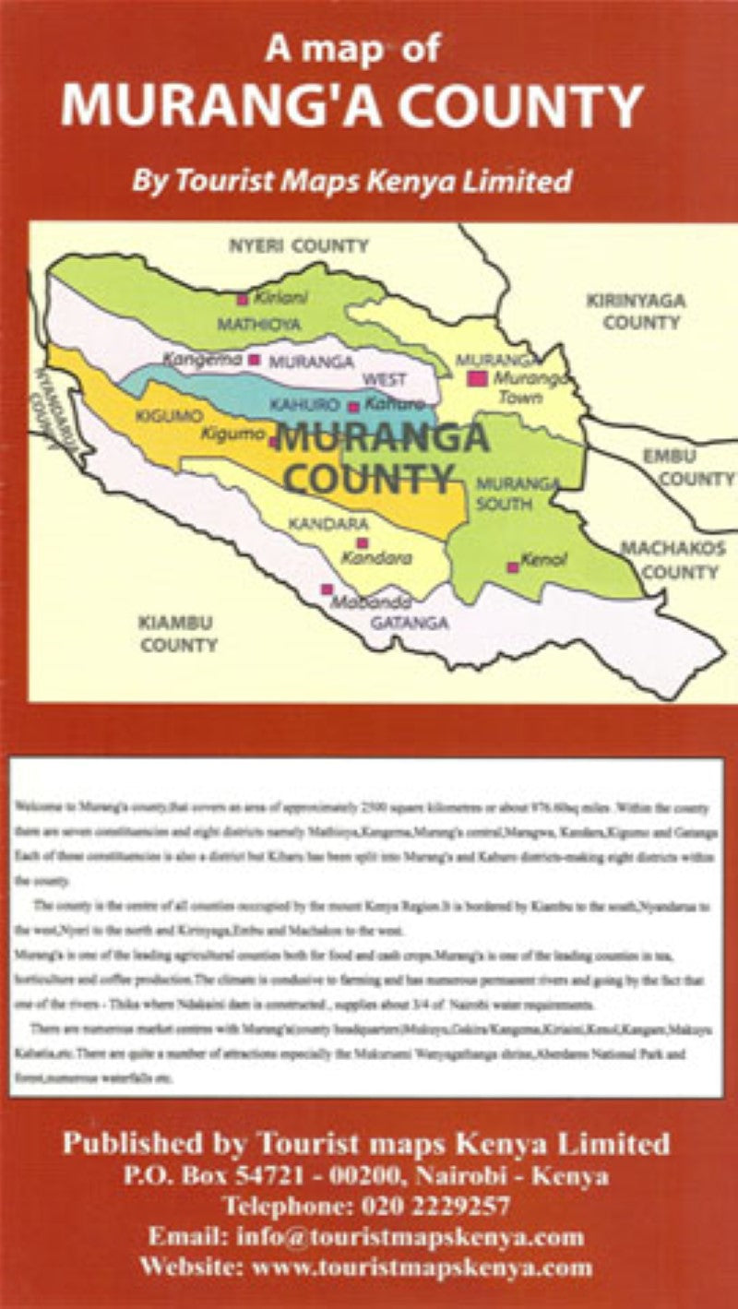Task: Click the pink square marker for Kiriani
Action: [243, 299]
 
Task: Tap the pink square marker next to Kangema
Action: [254, 360]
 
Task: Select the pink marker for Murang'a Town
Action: [476, 378]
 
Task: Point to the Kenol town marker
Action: [513, 567]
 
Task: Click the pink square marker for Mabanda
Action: [326, 589]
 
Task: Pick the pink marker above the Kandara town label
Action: [363, 543]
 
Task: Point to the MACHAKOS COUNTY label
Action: [673, 560]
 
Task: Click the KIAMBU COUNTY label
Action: [178, 634]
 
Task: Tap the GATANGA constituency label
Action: [410, 624]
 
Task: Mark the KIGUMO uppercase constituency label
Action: [162, 416]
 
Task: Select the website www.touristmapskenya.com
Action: [423, 1267]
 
